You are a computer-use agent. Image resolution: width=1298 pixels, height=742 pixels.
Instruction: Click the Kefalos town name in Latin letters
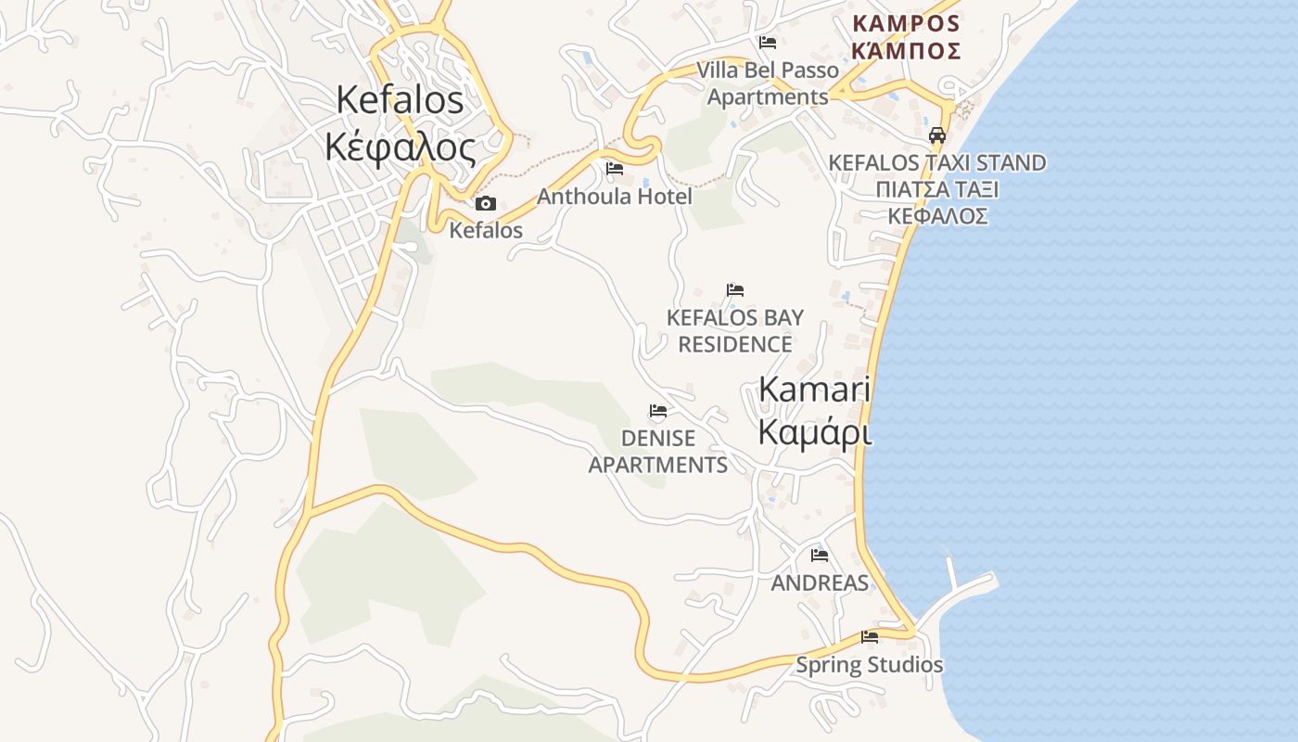coord(400,99)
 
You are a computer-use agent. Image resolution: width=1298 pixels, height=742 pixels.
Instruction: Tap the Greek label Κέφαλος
coord(401,147)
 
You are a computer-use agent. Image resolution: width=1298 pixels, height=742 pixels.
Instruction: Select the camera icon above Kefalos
coord(485,204)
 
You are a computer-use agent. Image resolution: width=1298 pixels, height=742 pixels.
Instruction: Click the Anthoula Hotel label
coord(614,197)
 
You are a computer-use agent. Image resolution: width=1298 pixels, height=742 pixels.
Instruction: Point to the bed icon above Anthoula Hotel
coord(614,169)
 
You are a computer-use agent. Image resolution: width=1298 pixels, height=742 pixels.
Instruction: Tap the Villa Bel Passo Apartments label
coord(768,83)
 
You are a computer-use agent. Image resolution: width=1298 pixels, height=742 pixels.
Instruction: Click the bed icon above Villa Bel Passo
coord(767,43)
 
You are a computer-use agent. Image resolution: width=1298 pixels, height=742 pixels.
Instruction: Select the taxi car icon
coord(937,135)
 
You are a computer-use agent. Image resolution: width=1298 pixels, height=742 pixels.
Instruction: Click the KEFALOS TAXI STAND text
coord(936,163)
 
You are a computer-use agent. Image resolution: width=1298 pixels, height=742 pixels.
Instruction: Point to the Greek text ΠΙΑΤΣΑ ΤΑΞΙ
coord(936,190)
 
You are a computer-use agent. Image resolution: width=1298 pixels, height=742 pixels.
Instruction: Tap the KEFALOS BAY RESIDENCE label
coord(735,331)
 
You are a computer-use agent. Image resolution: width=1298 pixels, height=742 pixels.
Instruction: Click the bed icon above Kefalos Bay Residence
coord(735,290)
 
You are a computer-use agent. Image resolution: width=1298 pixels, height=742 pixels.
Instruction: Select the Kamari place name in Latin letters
coord(815,390)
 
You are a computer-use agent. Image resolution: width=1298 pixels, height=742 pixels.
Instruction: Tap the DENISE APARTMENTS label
coord(658,451)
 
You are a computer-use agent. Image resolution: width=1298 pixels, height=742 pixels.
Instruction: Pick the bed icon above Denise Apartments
coord(658,411)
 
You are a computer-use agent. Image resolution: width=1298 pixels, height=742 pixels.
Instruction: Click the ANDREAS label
coord(820,583)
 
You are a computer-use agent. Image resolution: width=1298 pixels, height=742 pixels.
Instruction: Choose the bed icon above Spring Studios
coord(870,637)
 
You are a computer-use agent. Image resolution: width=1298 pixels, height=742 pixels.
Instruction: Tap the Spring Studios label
coord(870,665)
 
